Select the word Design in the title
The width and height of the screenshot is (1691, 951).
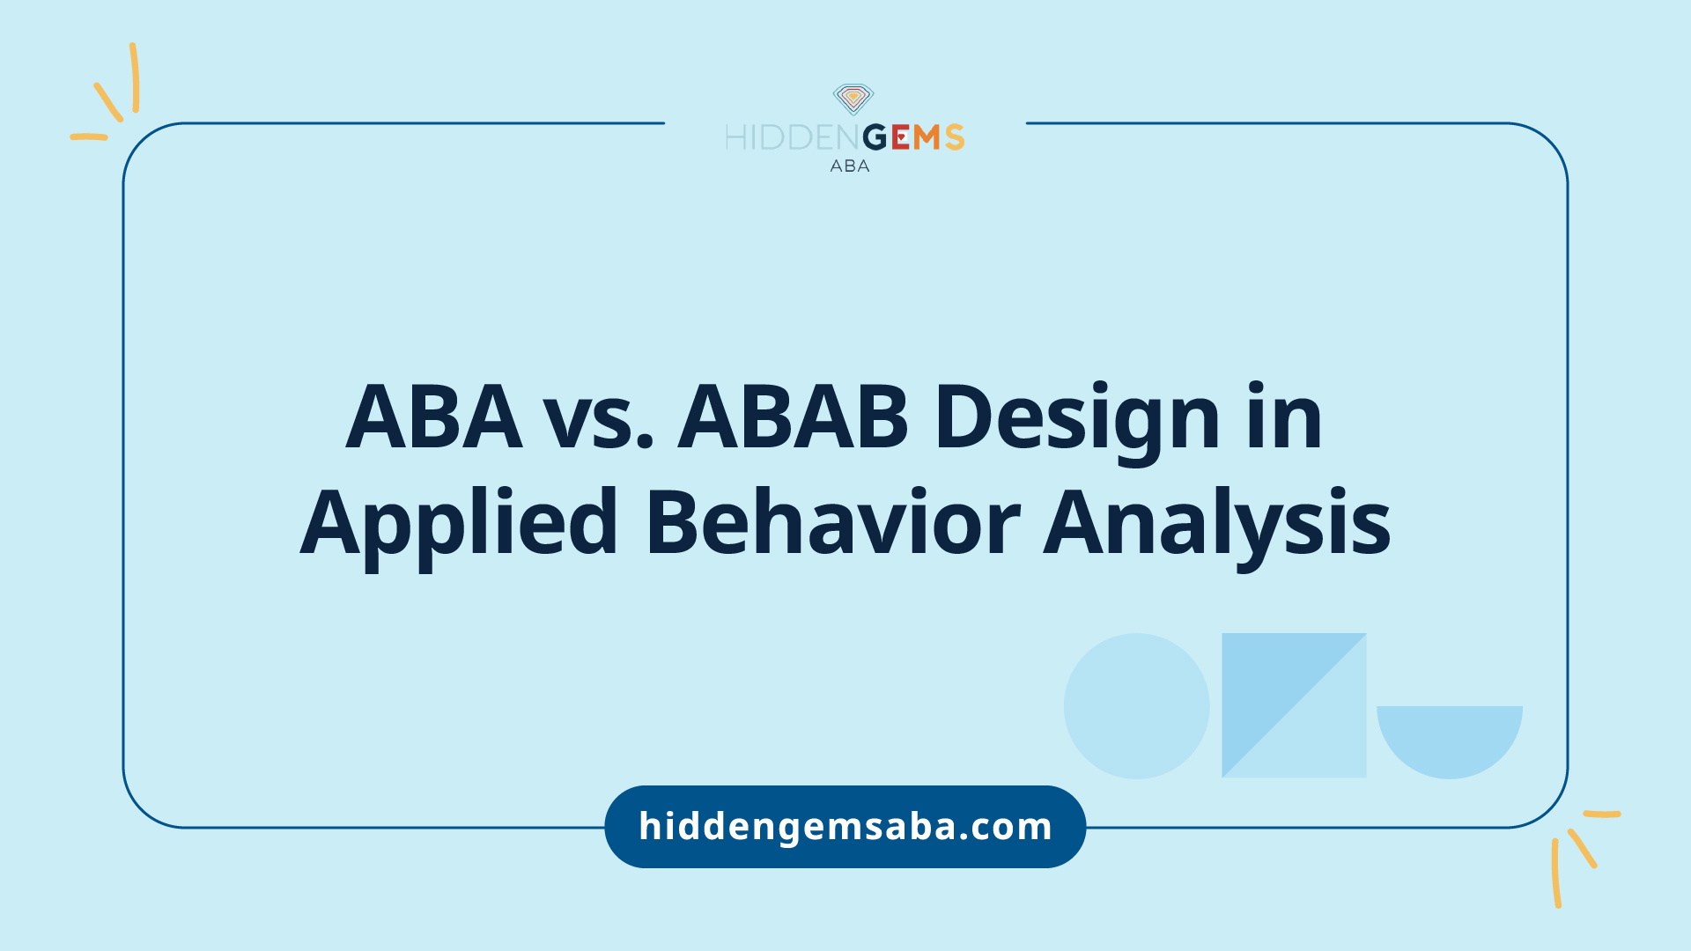(x=1077, y=423)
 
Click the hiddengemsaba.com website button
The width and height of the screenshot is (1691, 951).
(x=845, y=827)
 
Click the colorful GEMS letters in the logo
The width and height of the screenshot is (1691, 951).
(x=913, y=137)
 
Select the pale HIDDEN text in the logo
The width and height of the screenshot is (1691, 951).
(x=793, y=137)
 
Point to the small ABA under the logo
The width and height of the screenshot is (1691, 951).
(x=850, y=166)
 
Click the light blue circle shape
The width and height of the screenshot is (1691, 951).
(x=1136, y=706)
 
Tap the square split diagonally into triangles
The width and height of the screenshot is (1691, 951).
(x=1294, y=705)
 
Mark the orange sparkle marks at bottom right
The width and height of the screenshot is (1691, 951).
(x=1582, y=854)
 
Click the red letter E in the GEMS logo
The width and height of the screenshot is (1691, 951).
(x=900, y=137)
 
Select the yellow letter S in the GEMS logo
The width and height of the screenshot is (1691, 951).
(x=955, y=137)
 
